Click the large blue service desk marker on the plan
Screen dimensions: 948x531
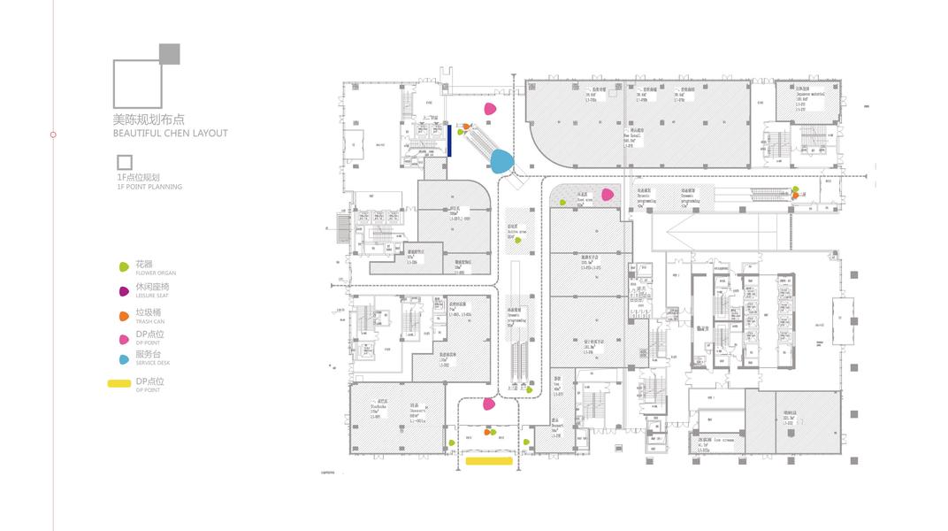point(501,160)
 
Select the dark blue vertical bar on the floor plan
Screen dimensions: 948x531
point(450,140)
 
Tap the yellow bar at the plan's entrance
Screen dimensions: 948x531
point(489,461)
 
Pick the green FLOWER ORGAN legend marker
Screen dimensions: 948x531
point(125,266)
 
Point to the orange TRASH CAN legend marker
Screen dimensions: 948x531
point(125,315)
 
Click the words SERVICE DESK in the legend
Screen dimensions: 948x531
point(152,362)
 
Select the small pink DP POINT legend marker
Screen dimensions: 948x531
point(125,338)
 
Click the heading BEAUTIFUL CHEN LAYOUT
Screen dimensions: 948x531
point(170,134)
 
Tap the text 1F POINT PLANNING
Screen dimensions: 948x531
point(149,187)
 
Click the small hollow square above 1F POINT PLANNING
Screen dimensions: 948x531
point(125,162)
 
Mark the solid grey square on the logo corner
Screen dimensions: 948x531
point(170,53)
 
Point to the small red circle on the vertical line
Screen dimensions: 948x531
point(53,135)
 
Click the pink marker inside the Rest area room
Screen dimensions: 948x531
point(608,195)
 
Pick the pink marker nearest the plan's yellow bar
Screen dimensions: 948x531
point(489,404)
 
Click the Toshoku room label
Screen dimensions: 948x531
point(375,410)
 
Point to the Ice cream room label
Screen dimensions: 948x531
point(721,440)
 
